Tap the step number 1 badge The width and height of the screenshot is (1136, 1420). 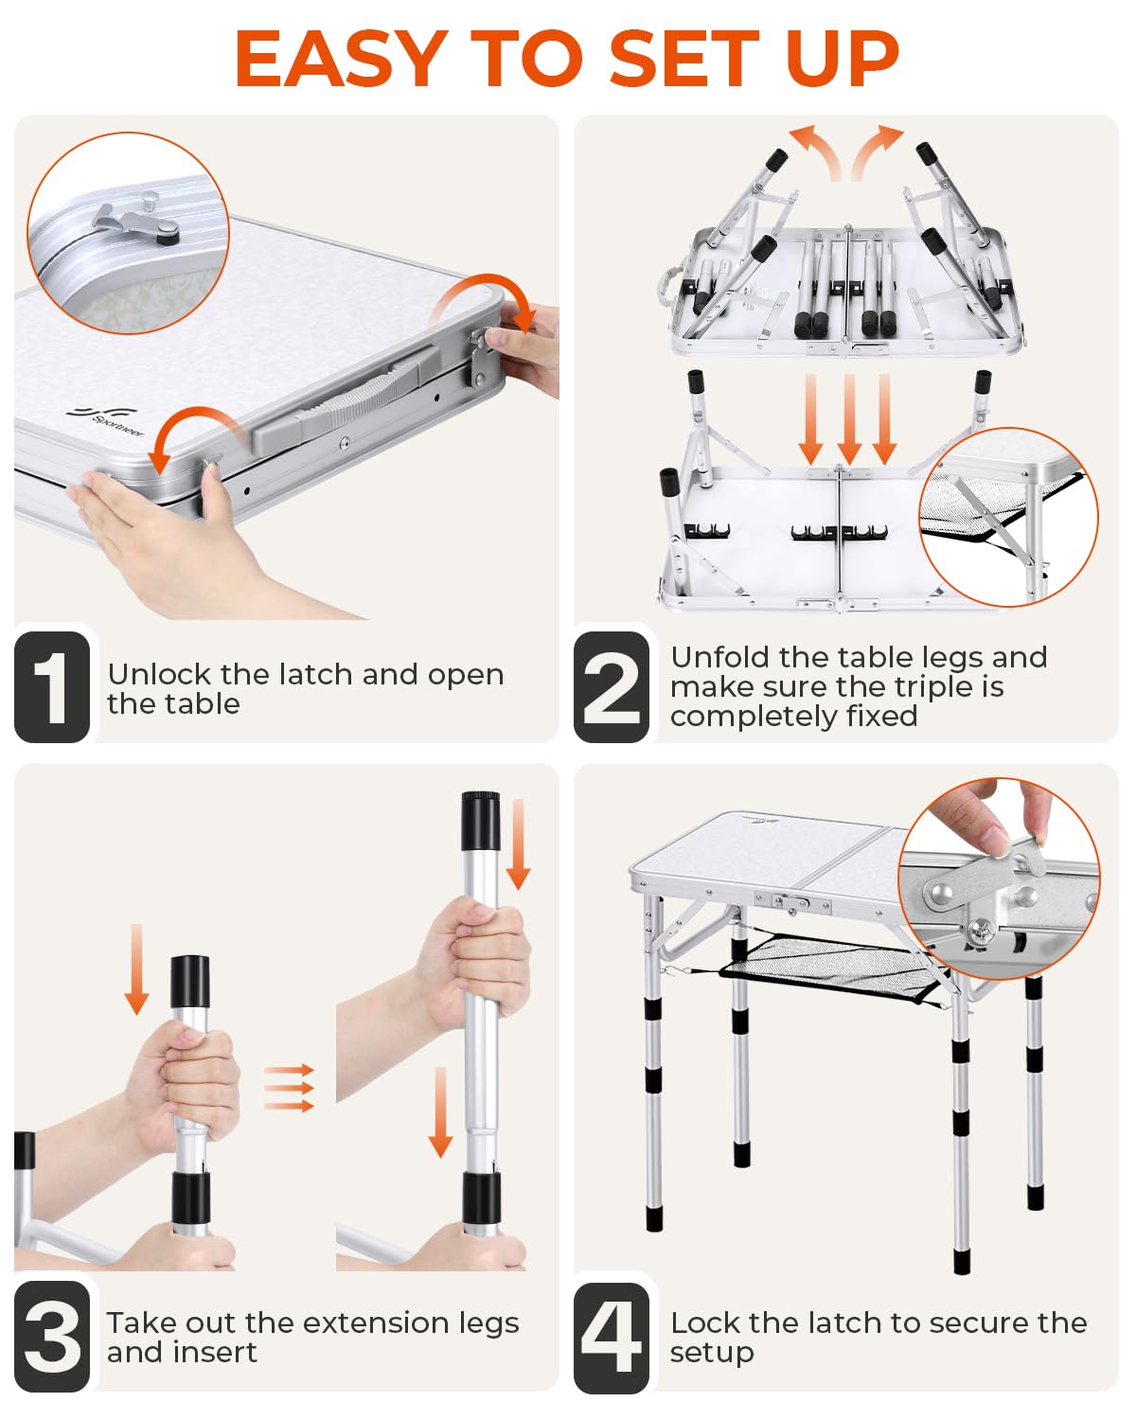click(52, 687)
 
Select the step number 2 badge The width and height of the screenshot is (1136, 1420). click(612, 687)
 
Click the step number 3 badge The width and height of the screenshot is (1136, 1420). click(52, 1337)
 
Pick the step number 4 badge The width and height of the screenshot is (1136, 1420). click(612, 1339)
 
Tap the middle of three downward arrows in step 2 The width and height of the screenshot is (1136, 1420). click(849, 418)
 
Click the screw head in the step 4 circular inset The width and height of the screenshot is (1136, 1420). click(982, 932)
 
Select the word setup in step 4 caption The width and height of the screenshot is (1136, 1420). click(712, 1354)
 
